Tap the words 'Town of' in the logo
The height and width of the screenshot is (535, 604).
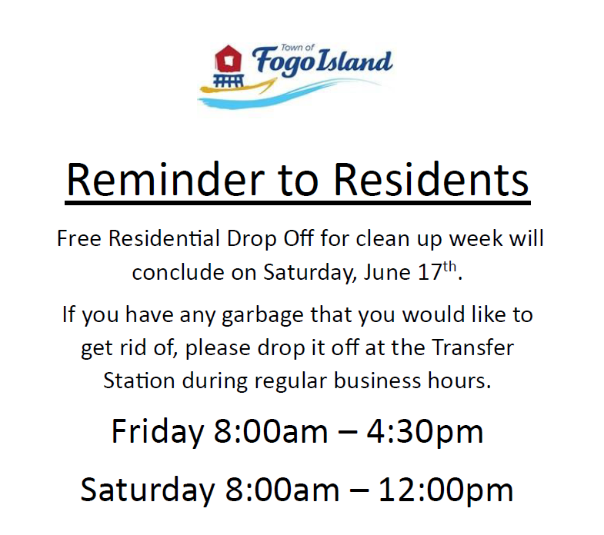(x=298, y=48)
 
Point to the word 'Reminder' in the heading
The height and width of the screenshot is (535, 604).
(x=166, y=180)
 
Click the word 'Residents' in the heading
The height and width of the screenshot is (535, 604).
(x=431, y=180)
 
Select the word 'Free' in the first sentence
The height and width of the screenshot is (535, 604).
(x=79, y=238)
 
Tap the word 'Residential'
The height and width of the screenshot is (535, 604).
(x=164, y=238)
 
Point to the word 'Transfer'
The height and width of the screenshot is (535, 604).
(x=472, y=347)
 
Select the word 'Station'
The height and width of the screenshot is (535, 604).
(x=139, y=380)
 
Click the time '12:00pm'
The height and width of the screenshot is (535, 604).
(x=445, y=490)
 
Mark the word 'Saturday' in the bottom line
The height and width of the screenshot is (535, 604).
(x=147, y=490)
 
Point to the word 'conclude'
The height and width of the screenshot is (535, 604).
(x=178, y=272)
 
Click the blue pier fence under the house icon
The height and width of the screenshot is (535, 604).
(x=229, y=81)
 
